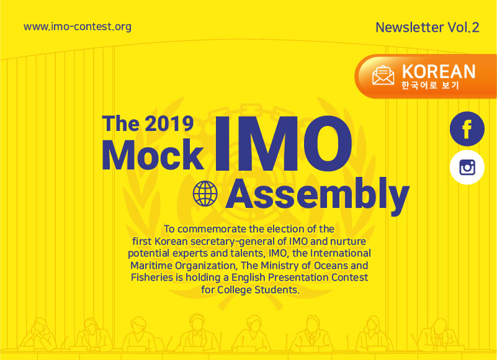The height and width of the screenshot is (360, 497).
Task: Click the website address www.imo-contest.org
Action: point(78,27)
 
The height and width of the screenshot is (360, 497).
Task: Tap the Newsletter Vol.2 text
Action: point(427,27)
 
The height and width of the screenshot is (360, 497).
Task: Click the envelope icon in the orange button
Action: point(383,76)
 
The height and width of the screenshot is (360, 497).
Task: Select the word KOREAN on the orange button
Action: point(439,71)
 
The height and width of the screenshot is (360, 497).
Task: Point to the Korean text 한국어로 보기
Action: point(430,85)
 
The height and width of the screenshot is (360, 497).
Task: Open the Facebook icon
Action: point(467,128)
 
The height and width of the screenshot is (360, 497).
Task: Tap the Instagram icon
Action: point(467,168)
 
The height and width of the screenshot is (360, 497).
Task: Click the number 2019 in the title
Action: point(169,124)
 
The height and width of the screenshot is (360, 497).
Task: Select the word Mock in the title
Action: point(153,155)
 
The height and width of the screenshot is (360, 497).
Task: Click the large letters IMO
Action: point(283,143)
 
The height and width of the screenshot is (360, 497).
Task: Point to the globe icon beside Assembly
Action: point(205,193)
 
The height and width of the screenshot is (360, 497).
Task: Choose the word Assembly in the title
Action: point(318,195)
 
